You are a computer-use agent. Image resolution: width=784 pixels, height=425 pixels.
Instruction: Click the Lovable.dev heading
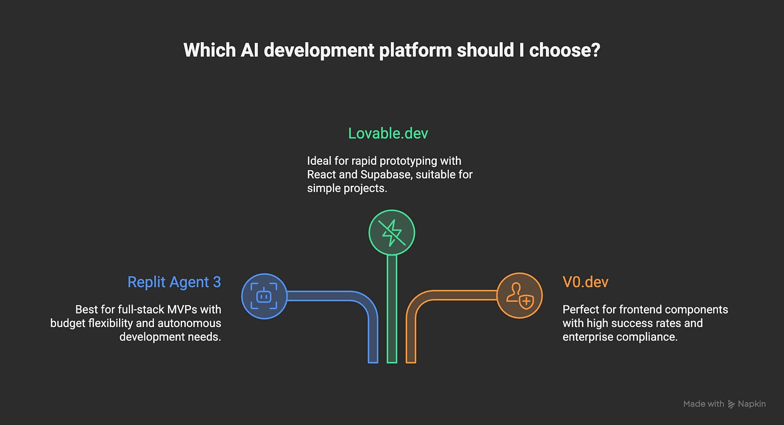pos(388,133)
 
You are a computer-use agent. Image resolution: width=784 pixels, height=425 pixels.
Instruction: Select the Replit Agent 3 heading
pos(174,282)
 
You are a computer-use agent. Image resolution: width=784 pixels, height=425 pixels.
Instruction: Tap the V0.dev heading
pos(585,282)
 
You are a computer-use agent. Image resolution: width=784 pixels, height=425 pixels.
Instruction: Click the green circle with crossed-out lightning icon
pos(391,233)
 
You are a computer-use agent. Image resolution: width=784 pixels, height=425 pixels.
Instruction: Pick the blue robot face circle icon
pos(264,296)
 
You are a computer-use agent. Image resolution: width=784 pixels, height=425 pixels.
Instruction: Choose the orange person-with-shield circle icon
pos(519,295)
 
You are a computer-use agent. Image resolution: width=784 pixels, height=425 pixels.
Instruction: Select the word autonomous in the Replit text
pos(191,323)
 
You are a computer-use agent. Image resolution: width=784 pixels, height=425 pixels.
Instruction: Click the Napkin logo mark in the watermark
pos(731,404)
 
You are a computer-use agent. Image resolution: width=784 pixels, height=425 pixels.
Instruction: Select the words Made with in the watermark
pos(703,404)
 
